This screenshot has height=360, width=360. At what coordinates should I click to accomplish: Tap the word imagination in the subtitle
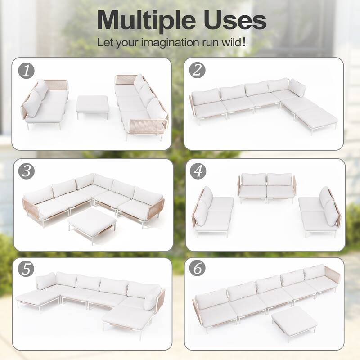coord(168,43)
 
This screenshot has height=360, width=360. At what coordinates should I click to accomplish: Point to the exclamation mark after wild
coord(244,42)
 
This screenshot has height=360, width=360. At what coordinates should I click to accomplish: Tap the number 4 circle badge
coord(198,171)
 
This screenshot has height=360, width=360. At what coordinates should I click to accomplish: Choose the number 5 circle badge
coord(27,269)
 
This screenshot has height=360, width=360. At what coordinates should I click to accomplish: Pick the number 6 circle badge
coord(198,269)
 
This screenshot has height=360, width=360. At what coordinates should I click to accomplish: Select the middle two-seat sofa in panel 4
coord(267,187)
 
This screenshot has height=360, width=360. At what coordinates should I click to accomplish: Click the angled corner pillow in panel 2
coord(297,88)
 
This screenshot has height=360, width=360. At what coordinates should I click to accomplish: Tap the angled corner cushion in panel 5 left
coord(46,281)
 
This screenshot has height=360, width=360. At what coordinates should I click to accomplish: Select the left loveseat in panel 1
coord(45,103)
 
